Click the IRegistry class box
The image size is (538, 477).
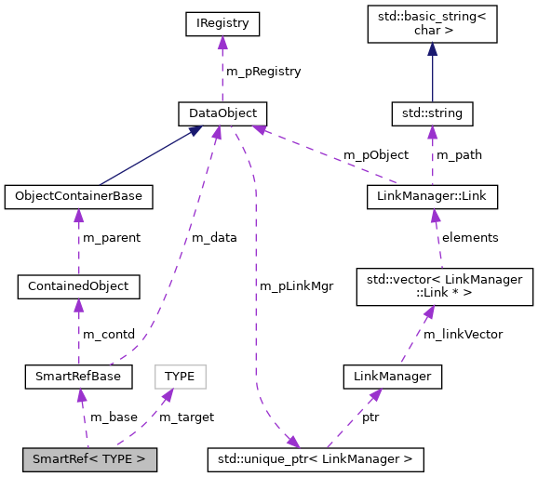(222, 22)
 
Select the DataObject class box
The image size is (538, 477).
(222, 113)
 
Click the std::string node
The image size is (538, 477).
(432, 113)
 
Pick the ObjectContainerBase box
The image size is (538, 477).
(78, 197)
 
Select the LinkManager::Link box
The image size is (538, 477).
(432, 197)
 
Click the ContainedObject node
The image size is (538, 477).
(78, 285)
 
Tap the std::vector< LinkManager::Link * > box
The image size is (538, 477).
(445, 285)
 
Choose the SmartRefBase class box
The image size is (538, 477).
(78, 377)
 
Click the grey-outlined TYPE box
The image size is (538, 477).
(180, 377)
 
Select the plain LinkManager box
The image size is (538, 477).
(392, 377)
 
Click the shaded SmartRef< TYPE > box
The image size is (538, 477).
(89, 458)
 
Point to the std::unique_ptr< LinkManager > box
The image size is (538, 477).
(315, 458)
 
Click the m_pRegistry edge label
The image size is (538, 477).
(263, 71)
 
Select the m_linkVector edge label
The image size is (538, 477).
(464, 334)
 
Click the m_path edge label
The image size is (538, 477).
(459, 154)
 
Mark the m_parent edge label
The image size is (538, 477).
(112, 237)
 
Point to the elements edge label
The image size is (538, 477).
(469, 237)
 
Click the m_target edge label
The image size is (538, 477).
(186, 417)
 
